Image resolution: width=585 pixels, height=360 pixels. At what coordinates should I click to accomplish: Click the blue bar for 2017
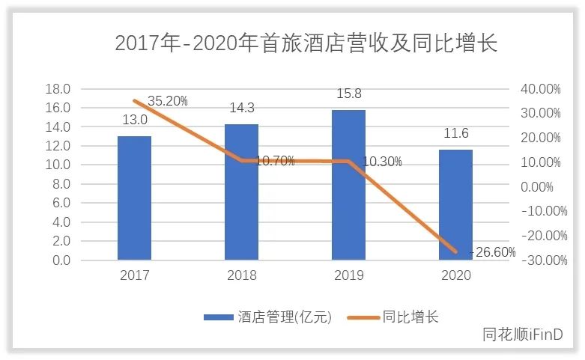click(134, 198)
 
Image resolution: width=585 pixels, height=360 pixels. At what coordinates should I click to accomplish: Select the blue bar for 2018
click(241, 192)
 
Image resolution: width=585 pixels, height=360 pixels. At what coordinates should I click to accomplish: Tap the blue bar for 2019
click(348, 185)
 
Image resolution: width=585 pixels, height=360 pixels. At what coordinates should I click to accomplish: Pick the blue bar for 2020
click(455, 205)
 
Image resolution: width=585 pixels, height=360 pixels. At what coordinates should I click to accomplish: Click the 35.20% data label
click(168, 100)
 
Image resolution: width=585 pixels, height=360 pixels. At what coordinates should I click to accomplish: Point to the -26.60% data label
click(493, 251)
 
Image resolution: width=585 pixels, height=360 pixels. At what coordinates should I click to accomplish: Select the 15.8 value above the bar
click(348, 95)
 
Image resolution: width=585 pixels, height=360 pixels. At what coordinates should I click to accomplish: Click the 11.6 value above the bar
click(455, 133)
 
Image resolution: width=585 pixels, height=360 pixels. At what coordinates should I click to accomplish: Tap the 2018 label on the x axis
click(241, 275)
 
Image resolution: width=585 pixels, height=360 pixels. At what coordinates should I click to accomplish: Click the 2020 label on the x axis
click(455, 275)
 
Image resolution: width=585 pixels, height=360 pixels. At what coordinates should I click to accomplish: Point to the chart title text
click(306, 43)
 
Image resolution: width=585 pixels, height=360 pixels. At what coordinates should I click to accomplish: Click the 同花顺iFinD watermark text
click(522, 335)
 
